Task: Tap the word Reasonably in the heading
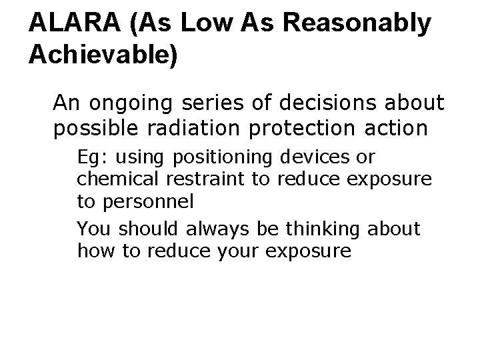tap(358, 23)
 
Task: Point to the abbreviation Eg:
tap(91, 158)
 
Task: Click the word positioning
tap(223, 158)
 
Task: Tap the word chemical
tap(117, 179)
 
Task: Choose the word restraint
tap(199, 179)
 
